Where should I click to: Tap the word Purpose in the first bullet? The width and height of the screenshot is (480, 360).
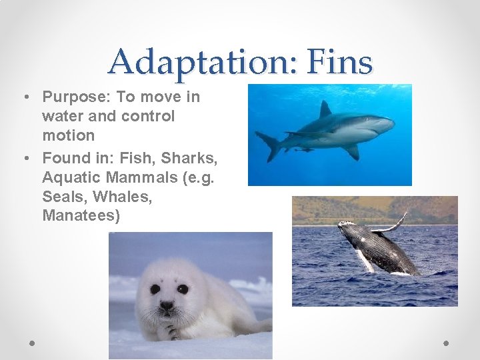[x=75, y=97]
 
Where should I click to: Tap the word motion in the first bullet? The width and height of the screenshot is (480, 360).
[x=68, y=135]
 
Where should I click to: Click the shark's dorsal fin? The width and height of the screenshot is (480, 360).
[x=325, y=109]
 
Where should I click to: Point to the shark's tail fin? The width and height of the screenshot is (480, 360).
[x=267, y=144]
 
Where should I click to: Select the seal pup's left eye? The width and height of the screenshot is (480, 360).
[x=155, y=289]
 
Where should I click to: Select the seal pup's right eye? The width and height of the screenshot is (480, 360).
[x=182, y=289]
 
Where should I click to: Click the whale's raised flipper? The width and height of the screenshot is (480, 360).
[x=393, y=224]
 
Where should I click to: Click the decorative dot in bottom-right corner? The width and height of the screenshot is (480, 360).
[x=446, y=343]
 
